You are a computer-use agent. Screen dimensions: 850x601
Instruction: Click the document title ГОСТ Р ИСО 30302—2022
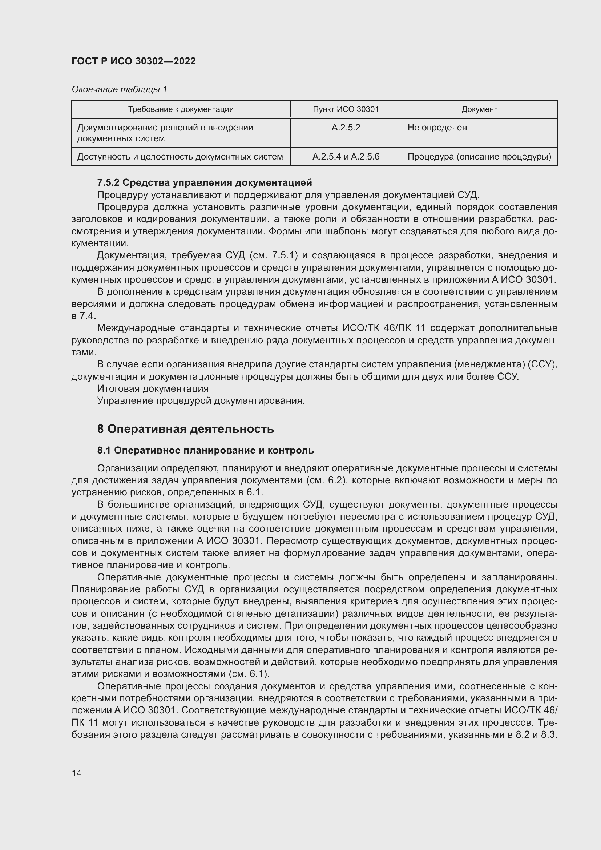pos(134,61)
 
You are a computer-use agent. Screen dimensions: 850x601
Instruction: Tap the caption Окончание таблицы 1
pos(119,89)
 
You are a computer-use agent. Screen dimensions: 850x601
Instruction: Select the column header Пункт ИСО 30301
pos(346,109)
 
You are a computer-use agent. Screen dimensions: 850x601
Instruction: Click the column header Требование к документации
pos(181,109)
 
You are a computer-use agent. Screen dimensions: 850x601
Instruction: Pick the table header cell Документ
pos(479,109)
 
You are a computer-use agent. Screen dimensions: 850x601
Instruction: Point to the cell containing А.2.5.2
pos(346,128)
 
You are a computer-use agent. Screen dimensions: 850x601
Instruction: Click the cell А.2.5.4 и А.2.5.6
pos(346,157)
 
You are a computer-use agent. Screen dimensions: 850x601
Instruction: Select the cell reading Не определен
pos(437,128)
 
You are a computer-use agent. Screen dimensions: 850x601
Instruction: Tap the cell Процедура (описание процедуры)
pos(479,157)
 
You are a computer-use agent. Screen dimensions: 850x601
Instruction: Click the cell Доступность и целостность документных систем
pos(180,157)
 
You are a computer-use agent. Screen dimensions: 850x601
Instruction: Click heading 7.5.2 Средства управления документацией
pos(204,182)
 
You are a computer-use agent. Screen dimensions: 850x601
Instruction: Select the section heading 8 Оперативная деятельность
pos(185,429)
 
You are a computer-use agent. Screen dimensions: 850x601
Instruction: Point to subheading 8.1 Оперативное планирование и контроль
pos(205,451)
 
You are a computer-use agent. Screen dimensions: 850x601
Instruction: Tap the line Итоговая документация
pos(153,389)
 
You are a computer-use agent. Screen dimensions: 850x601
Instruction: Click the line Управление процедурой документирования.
pos(201,400)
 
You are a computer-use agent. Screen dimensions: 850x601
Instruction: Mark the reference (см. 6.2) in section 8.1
pos(327,480)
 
